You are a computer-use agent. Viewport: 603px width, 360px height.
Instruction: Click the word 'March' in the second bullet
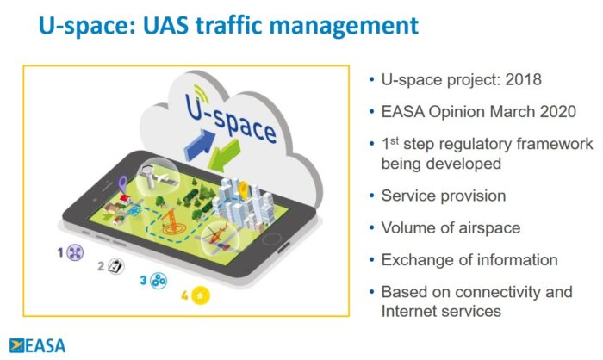pyautogui.click(x=500, y=112)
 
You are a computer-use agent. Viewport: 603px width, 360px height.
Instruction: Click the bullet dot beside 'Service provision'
pyautogui.click(x=370, y=196)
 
